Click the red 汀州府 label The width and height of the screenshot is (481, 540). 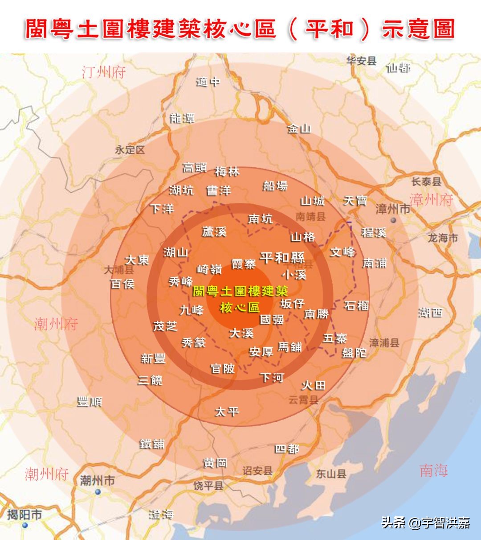104,72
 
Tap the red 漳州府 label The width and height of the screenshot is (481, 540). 431,200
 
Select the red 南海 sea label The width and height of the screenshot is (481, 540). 433,470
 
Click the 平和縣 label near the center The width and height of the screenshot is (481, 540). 282,257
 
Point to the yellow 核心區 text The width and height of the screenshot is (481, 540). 240,308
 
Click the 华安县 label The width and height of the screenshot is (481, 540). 361,61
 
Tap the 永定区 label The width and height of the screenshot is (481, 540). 130,150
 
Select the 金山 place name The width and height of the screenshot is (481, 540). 299,129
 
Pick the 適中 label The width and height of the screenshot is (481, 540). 208,82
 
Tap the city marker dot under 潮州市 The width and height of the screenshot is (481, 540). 98,492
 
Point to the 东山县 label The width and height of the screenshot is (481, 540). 331,474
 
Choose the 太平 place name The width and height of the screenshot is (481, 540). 227,412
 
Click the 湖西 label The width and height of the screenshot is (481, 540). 430,313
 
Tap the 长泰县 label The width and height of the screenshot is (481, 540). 426,181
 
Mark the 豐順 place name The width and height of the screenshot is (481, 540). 90,401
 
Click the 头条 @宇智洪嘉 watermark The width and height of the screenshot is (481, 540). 425,522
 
